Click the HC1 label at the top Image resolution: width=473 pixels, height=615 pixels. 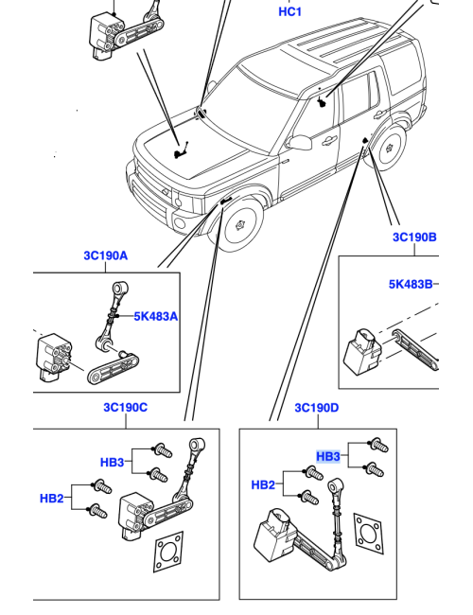pos(289,11)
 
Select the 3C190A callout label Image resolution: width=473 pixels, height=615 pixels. pos(106,255)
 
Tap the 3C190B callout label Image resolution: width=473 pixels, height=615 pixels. pos(414,237)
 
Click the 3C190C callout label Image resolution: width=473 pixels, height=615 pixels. pos(126,408)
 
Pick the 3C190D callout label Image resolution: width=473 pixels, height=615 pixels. pos(317,408)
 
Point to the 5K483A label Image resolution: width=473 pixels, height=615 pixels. pos(156,316)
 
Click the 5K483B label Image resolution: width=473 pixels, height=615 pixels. pos(411,284)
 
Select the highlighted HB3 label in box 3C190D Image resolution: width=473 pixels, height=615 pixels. pos(328,457)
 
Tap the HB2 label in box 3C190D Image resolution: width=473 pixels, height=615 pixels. pos(263,485)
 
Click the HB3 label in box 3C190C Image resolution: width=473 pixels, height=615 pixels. pos(113,463)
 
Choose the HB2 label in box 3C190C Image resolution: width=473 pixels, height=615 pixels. pos(51,499)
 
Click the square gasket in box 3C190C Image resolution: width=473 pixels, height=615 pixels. pos(169,552)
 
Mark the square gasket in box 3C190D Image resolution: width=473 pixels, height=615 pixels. pos(369,534)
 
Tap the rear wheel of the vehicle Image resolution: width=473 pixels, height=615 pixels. pos(388,148)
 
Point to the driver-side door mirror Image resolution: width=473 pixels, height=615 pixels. pos(301,142)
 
